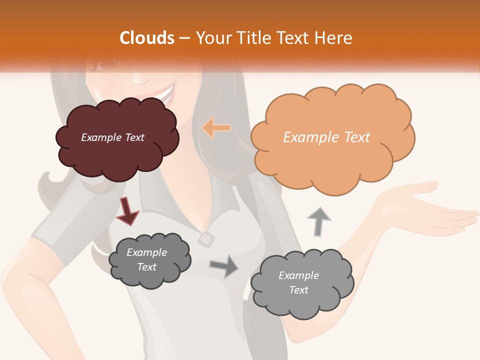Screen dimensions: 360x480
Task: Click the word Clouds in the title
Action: click(147, 38)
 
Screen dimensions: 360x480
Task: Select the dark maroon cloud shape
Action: click(117, 155)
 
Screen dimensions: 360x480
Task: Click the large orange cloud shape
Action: click(332, 160)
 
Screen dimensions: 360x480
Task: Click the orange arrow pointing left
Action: click(216, 128)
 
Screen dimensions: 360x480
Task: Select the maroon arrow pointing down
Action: click(127, 210)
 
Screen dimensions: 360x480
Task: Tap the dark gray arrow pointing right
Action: click(224, 266)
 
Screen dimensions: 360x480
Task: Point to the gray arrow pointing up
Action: click(318, 221)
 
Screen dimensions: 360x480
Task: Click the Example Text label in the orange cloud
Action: click(326, 137)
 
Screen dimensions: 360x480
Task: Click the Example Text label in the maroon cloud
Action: click(112, 137)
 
